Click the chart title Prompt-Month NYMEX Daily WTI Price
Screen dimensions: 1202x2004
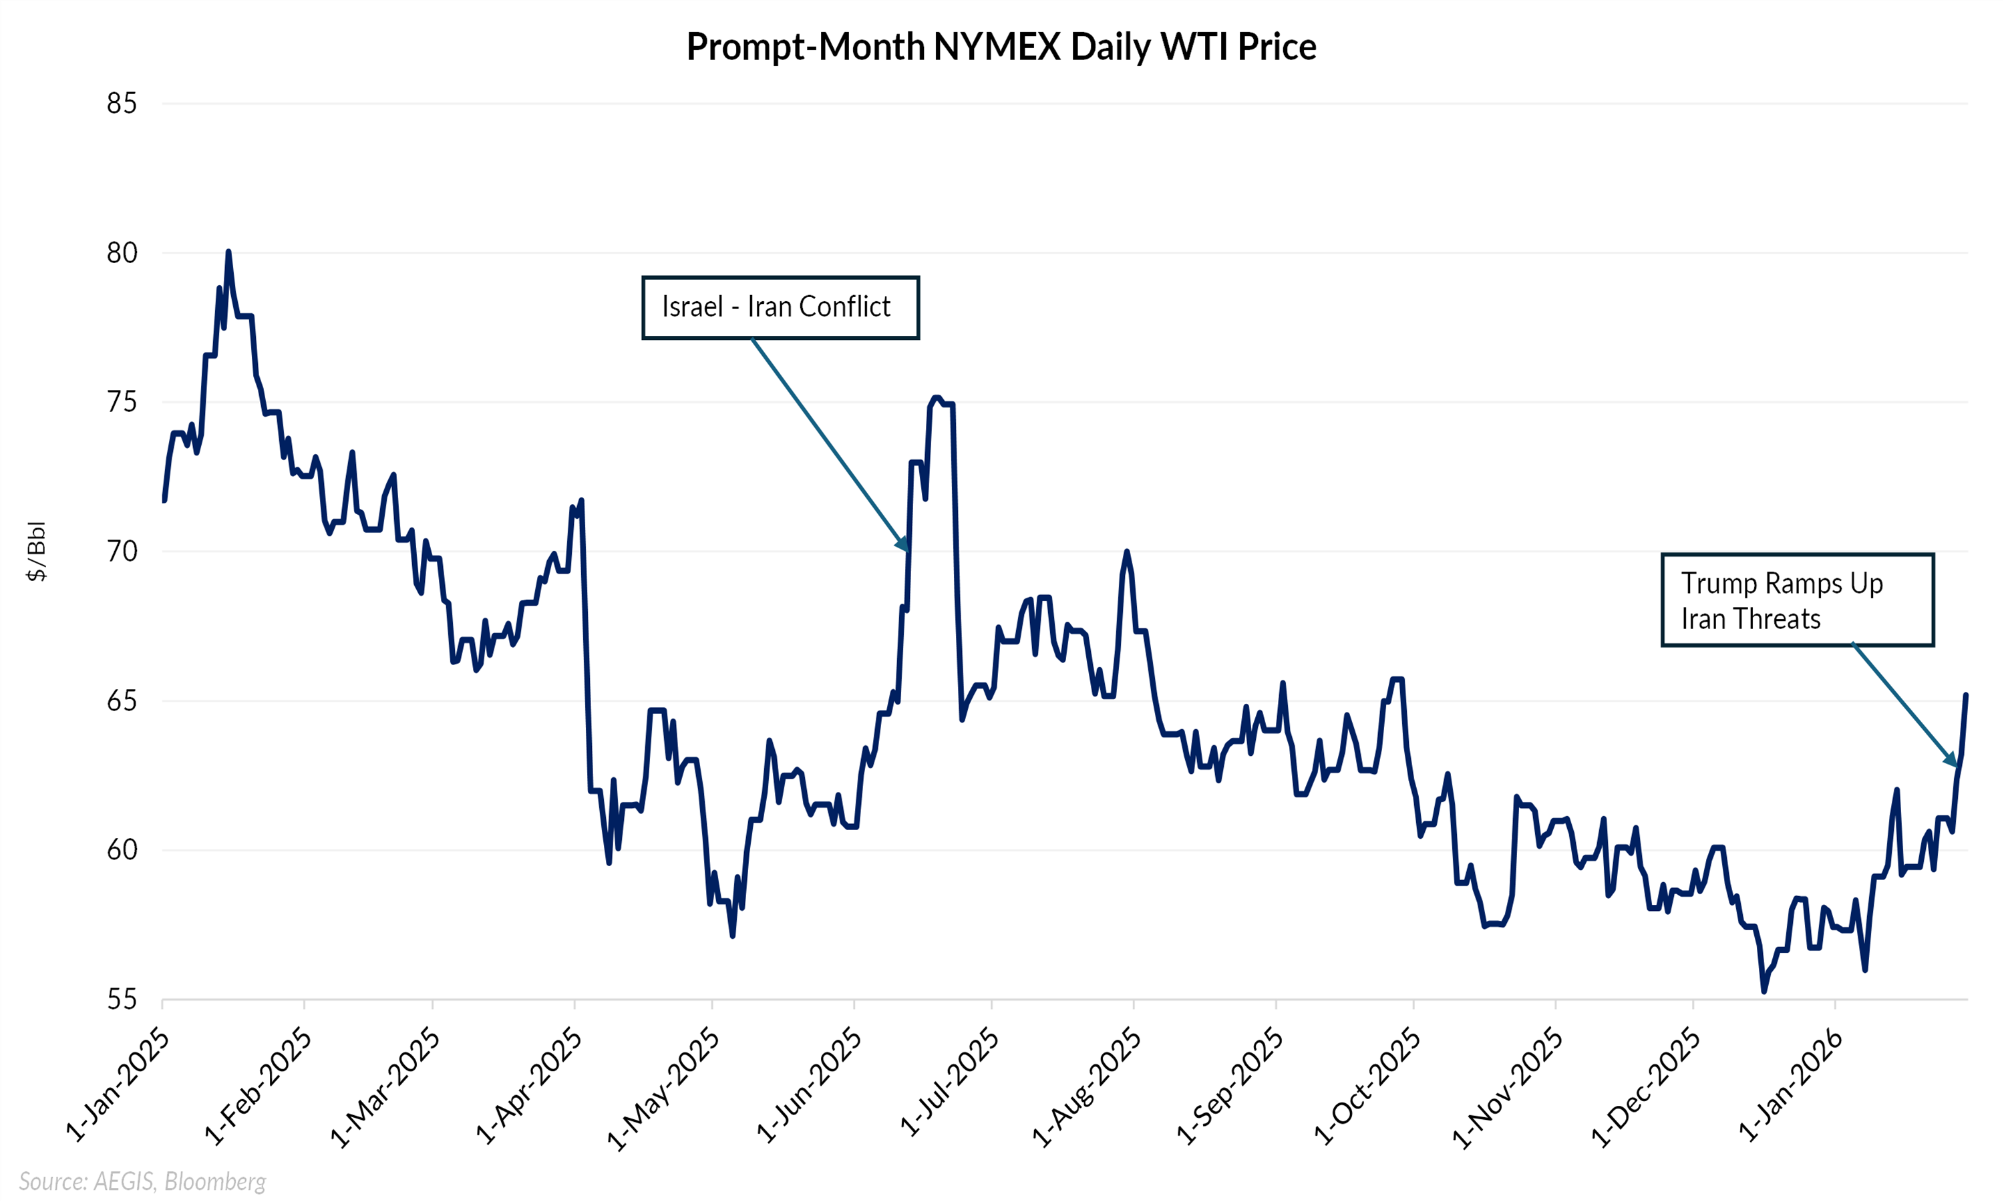[1001, 46]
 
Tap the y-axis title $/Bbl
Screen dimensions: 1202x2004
[37, 552]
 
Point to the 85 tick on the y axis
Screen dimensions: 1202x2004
[122, 104]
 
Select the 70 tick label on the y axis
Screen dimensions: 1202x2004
[122, 552]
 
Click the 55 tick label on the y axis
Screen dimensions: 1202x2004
[122, 1000]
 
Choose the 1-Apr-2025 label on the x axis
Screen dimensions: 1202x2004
[529, 1085]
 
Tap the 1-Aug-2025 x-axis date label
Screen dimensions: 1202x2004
[1087, 1085]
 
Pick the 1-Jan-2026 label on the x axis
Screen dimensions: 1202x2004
[1790, 1085]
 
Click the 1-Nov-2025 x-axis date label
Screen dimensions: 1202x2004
[1508, 1085]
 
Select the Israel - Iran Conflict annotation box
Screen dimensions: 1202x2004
[780, 308]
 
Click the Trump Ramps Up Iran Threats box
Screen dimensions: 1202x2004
[1798, 600]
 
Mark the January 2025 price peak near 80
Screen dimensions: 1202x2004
[228, 252]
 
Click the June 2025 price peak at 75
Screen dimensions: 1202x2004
[937, 398]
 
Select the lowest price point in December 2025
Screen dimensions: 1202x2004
[1764, 990]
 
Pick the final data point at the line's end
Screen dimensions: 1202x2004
[1966, 695]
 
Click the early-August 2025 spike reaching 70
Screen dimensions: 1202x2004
[1127, 552]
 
